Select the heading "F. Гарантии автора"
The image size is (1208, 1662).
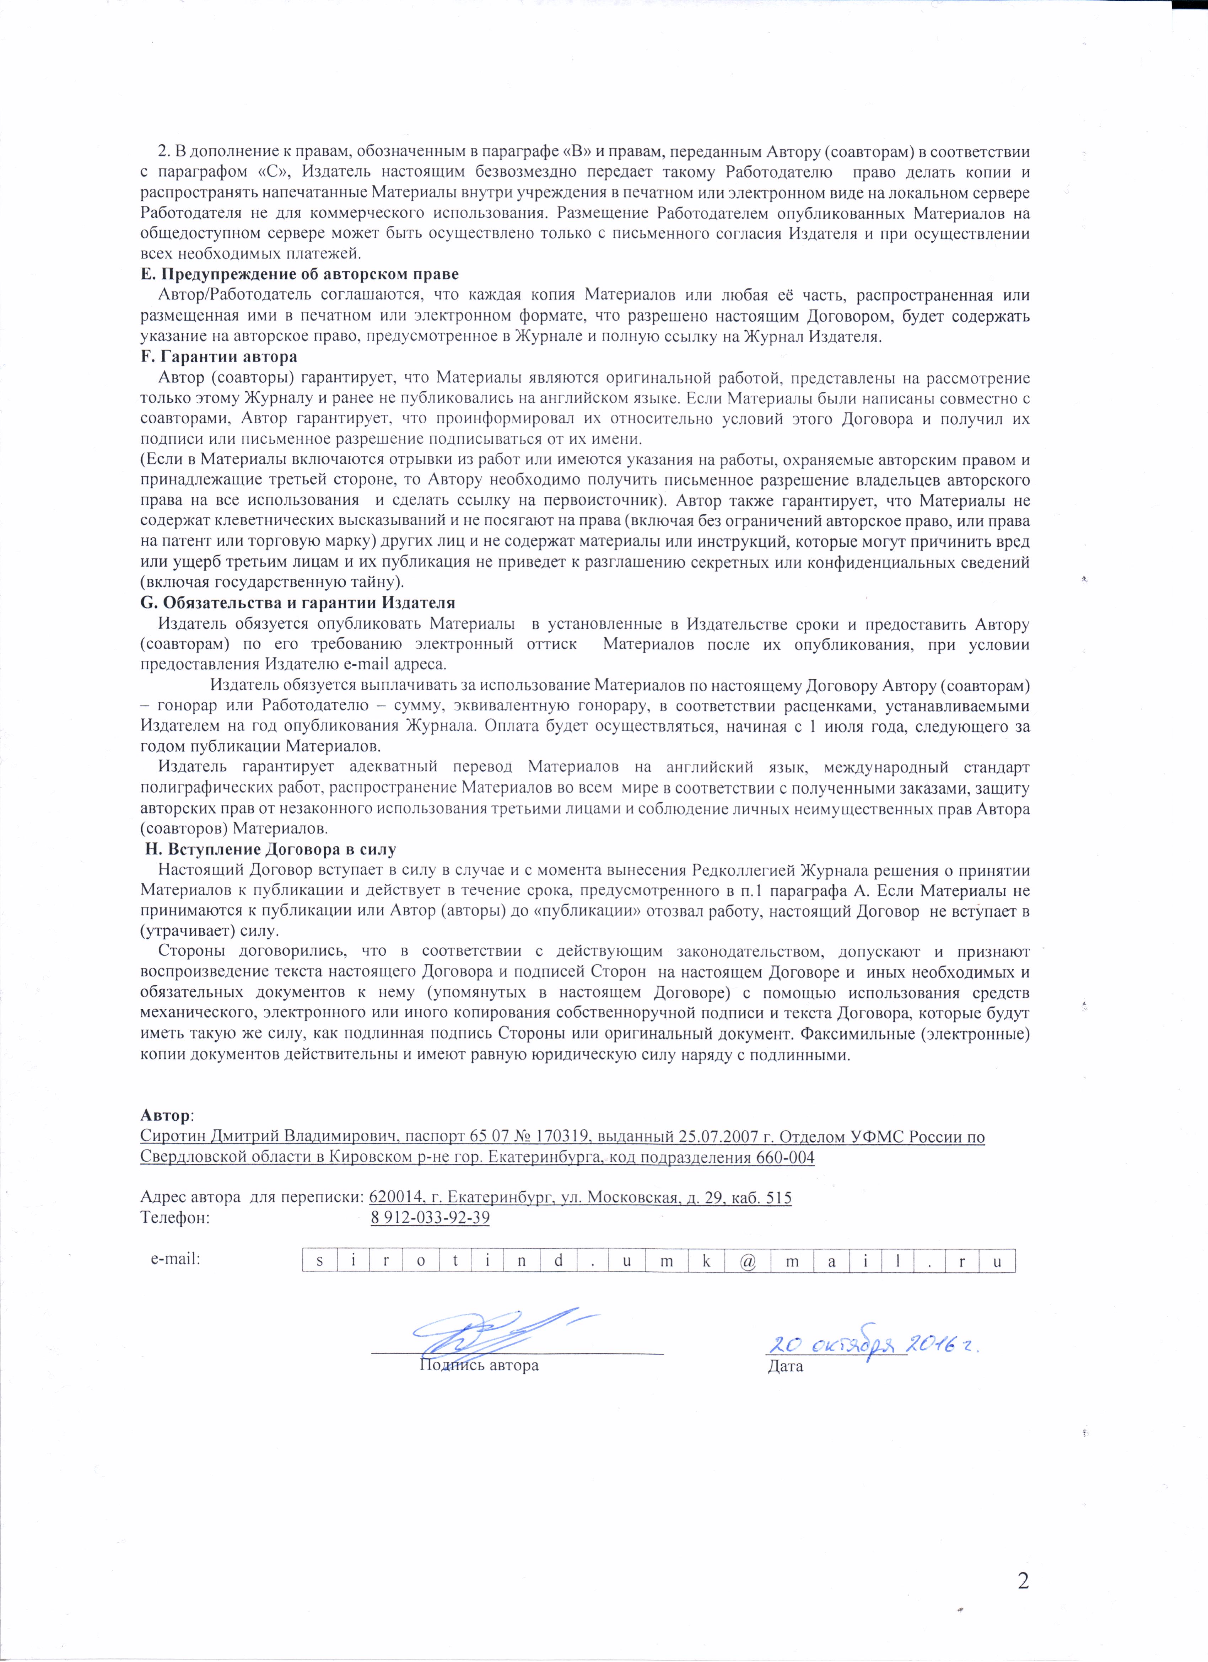click(218, 358)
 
